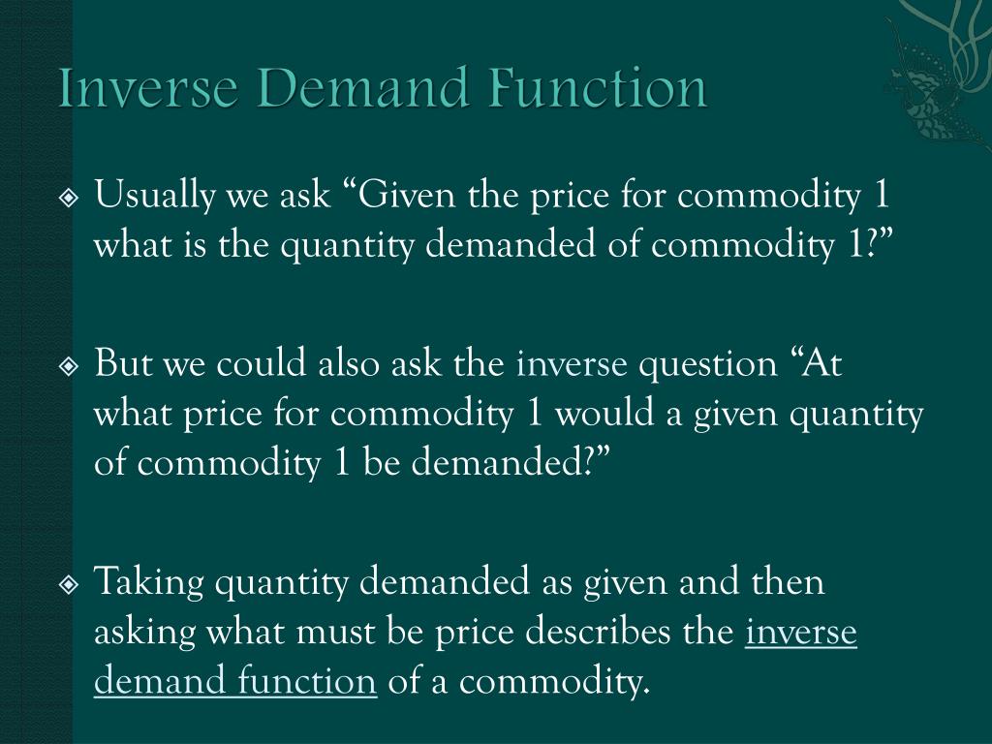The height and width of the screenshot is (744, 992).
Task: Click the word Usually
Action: [x=156, y=197]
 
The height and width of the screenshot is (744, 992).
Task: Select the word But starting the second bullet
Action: [x=124, y=365]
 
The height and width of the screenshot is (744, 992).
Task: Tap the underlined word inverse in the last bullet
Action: [x=801, y=633]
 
